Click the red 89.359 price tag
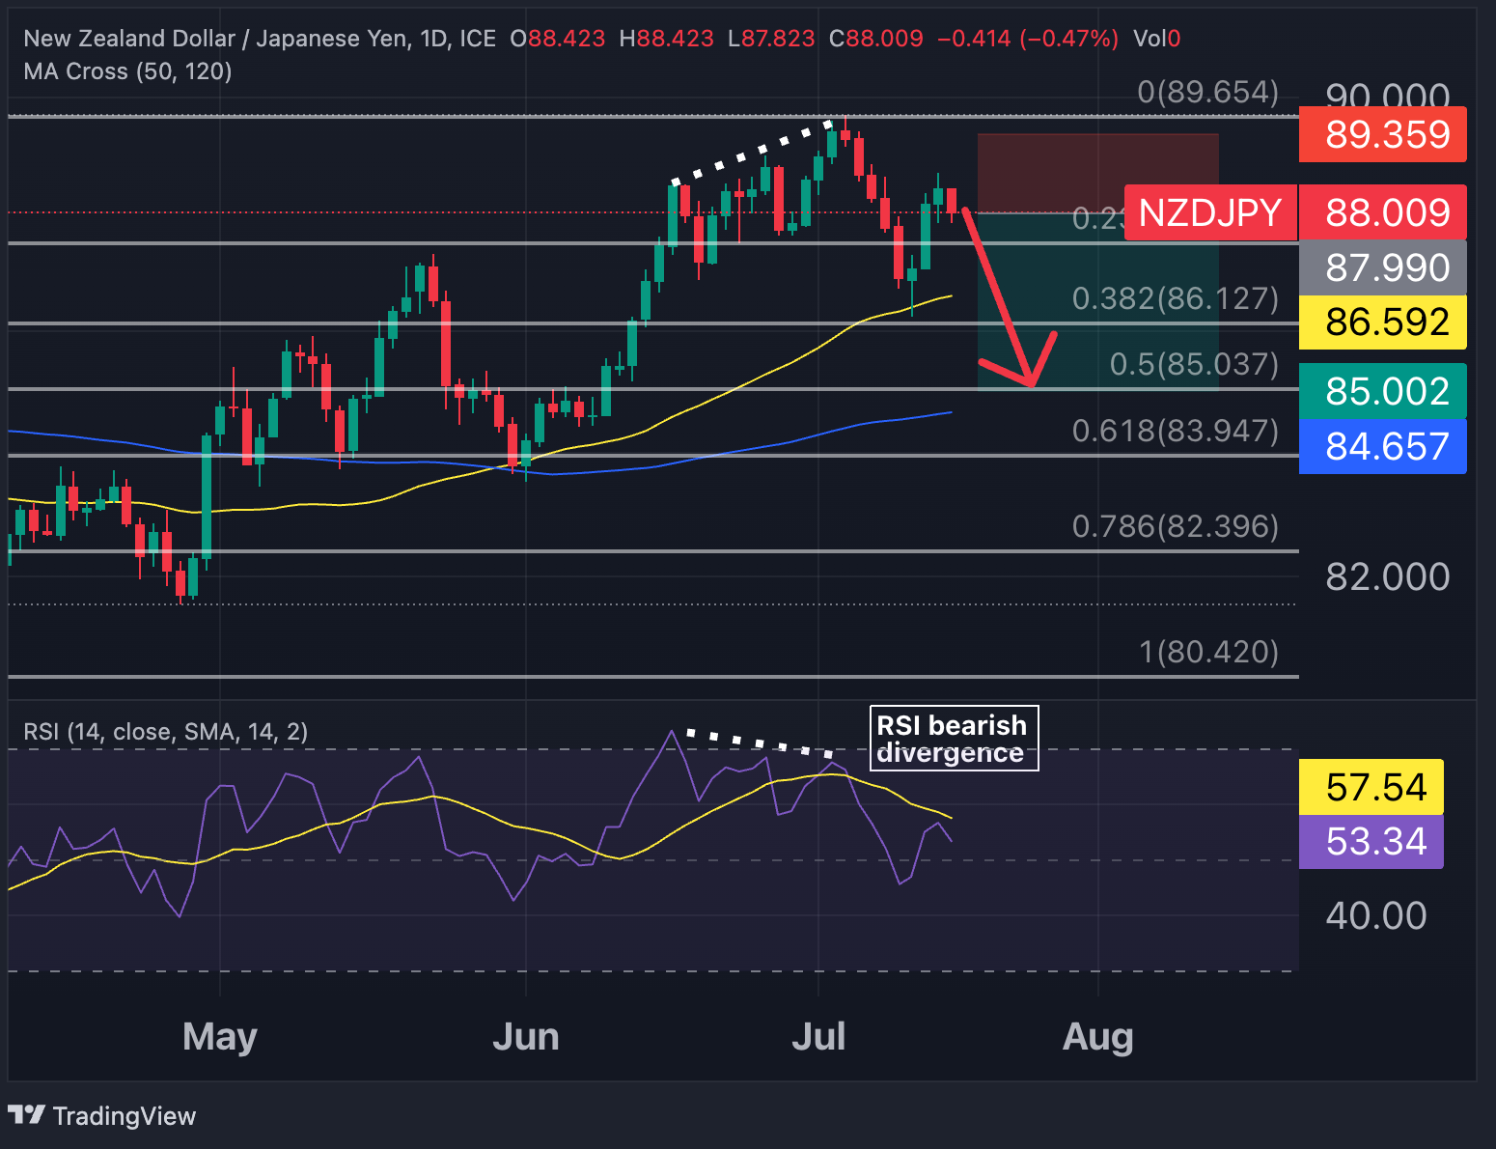tap(1382, 134)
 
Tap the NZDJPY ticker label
tap(1210, 212)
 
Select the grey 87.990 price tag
tap(1382, 267)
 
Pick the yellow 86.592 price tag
tap(1382, 322)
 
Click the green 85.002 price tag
tap(1382, 391)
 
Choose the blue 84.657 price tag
tap(1382, 446)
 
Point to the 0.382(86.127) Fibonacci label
tap(1175, 298)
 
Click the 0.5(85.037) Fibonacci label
tap(1194, 364)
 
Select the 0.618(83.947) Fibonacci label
tap(1175, 431)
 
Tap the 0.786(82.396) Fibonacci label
tap(1175, 526)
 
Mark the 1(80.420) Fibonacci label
tap(1208, 652)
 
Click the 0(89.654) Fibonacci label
tap(1207, 92)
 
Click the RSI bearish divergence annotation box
tap(954, 739)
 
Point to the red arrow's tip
tap(1032, 384)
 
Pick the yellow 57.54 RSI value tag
tap(1371, 787)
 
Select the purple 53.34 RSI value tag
tap(1371, 841)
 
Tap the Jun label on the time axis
tap(526, 1037)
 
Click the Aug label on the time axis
tap(1097, 1037)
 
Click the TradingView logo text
tap(124, 1116)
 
